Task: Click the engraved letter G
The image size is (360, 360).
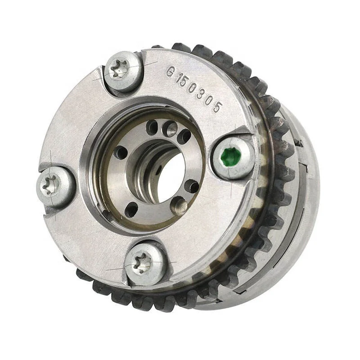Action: (170, 72)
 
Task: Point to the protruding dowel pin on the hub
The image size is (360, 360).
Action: (181, 206)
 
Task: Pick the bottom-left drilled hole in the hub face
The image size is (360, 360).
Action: (131, 208)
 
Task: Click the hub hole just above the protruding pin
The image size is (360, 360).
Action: (192, 185)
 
